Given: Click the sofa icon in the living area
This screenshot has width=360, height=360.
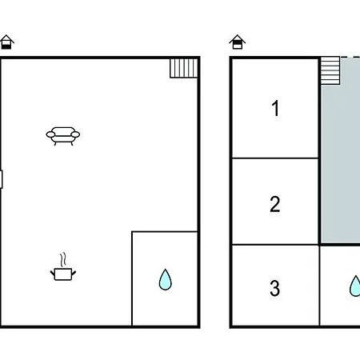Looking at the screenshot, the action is (63, 136).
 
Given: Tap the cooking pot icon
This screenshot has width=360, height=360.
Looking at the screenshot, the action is (63, 274).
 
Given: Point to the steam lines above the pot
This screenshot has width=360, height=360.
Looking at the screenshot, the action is (63, 260).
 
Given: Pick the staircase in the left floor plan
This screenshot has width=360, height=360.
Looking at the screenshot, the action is (184, 68).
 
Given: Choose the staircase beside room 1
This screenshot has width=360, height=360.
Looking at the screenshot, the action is (330, 70).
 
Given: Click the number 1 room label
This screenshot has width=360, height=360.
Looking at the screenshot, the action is (275, 108).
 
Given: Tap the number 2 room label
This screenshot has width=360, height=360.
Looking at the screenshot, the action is (275, 204).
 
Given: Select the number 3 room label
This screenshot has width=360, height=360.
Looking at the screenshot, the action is (275, 288).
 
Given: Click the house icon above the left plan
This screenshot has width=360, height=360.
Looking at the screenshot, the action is (6, 42).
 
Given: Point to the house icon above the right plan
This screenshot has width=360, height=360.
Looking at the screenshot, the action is (238, 42).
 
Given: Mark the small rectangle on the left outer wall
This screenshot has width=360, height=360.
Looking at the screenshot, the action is (1, 179).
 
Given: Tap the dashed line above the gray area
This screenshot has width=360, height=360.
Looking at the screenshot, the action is (350, 57).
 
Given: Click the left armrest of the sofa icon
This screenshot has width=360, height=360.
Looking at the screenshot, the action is (50, 134).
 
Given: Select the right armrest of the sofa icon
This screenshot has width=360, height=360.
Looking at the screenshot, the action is (75, 134).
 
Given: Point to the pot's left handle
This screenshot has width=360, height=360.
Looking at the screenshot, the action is (52, 273).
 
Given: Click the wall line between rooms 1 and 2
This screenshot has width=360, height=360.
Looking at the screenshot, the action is (275, 158).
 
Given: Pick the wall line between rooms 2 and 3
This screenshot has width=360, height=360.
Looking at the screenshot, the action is (275, 245).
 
